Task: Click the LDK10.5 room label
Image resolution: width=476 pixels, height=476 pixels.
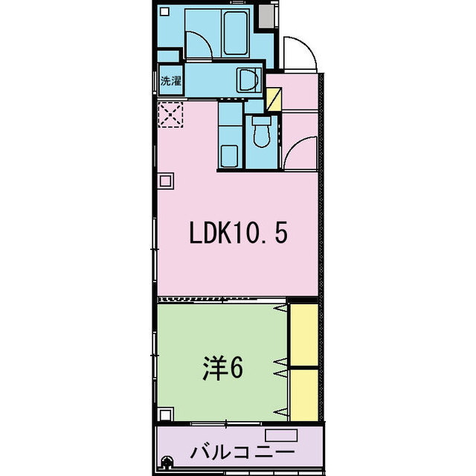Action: point(238,232)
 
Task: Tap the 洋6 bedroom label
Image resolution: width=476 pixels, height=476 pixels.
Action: point(223,368)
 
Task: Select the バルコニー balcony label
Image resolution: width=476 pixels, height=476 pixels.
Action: point(242,452)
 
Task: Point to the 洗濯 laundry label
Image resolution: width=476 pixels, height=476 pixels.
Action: point(171,81)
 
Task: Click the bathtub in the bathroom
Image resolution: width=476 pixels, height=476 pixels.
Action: point(235,33)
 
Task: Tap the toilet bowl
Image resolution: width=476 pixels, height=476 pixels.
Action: point(262,132)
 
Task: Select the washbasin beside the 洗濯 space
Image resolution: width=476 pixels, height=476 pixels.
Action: point(249,80)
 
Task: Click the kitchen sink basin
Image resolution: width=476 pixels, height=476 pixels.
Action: point(229,156)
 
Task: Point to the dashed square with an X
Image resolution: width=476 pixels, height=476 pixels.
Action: point(171,115)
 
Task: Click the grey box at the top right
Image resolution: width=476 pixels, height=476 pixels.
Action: point(266,16)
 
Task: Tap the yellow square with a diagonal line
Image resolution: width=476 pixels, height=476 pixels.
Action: point(274,99)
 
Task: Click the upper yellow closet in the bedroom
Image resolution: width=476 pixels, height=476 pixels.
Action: point(304,335)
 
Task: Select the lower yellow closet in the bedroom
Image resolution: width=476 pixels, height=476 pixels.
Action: point(304,395)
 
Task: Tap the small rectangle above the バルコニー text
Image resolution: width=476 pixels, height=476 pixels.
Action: point(281,435)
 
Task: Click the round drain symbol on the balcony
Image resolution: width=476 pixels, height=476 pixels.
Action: point(166,463)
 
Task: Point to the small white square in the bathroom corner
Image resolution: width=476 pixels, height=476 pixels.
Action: point(164,12)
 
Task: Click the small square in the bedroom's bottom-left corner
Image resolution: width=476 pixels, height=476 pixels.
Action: point(165,414)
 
